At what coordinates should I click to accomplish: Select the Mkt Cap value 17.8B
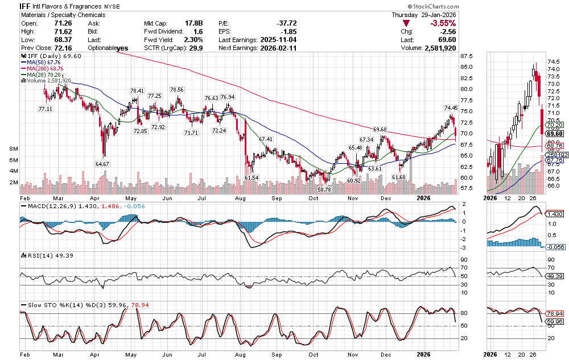click(x=193, y=23)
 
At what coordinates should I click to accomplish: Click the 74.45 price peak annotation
click(x=451, y=107)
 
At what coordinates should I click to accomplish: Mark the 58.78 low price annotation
click(x=324, y=189)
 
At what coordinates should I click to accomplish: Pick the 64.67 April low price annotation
click(x=102, y=164)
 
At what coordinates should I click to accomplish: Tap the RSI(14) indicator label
click(x=38, y=256)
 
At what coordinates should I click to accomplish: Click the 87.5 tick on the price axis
click(x=467, y=56)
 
